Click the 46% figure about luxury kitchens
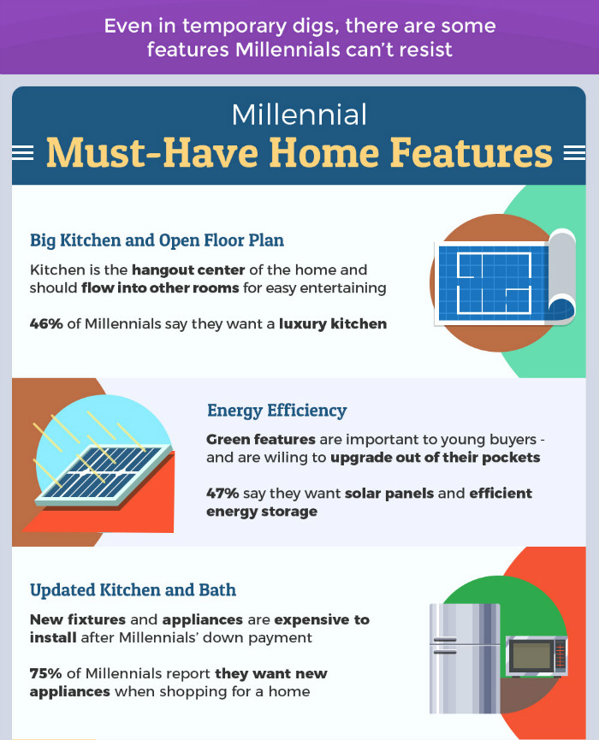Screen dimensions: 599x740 [x=46, y=323]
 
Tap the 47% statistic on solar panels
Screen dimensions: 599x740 [x=222, y=493]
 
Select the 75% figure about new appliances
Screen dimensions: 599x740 [x=46, y=673]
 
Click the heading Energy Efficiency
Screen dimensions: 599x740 [x=277, y=411]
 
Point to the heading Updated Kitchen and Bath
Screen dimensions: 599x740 [x=133, y=590]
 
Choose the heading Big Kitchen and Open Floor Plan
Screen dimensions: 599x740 [x=157, y=240]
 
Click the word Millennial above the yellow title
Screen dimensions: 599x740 [x=299, y=115]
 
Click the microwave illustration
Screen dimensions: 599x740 [x=537, y=656]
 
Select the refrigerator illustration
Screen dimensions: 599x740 [x=465, y=659]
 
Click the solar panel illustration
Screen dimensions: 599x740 [x=104, y=476]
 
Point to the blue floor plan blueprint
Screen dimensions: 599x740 [x=493, y=283]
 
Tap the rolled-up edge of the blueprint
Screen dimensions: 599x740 [x=561, y=276]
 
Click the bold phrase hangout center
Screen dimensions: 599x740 [x=188, y=270]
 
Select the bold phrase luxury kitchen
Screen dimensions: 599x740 [x=333, y=323]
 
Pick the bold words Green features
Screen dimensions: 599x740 [x=260, y=440]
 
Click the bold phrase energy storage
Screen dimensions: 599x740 [x=262, y=512]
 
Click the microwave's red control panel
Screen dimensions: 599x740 [x=560, y=655]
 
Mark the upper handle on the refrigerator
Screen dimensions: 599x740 [x=445, y=640]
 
